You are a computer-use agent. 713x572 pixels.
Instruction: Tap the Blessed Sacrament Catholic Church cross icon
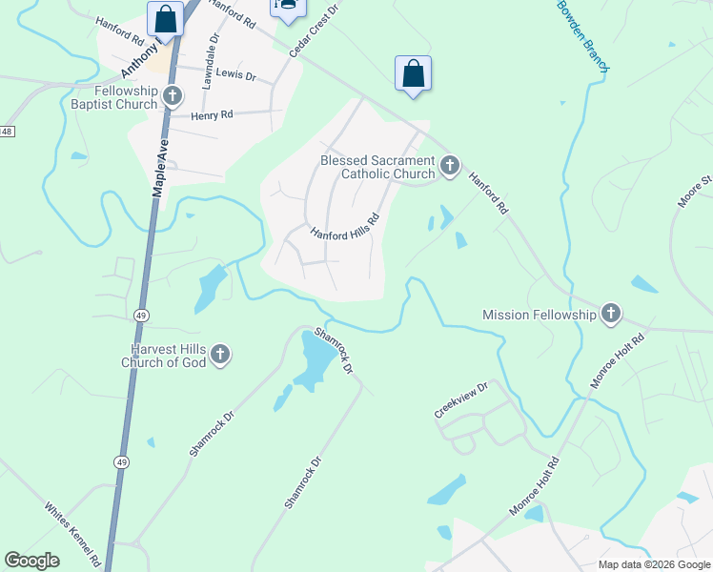tap(450, 168)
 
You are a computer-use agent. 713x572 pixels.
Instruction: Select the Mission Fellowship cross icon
tap(610, 314)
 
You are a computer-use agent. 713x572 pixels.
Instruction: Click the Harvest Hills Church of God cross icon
tap(220, 355)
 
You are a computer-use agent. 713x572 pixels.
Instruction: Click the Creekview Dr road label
tap(461, 400)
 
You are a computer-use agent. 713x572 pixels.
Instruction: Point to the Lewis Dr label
tap(235, 74)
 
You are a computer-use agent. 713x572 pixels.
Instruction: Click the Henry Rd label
tap(212, 115)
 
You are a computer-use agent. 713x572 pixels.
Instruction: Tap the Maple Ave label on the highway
tap(161, 161)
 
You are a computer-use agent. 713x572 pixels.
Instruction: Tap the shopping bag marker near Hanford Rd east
tap(413, 74)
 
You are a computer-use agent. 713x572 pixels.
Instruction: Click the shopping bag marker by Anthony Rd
tap(165, 19)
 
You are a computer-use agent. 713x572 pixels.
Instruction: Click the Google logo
tap(31, 561)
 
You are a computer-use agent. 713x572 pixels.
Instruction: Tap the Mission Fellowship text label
tap(539, 315)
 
